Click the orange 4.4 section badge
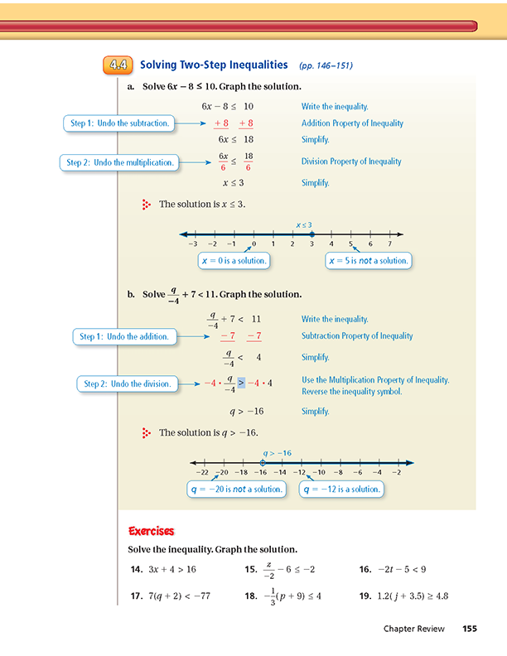[118, 65]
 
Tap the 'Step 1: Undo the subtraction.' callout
[119, 123]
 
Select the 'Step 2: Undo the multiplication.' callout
[119, 162]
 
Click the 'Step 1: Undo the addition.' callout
[124, 337]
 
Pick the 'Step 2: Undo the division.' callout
[128, 384]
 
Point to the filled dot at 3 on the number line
[311, 234]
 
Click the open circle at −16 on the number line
[263, 463]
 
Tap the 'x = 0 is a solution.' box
[234, 261]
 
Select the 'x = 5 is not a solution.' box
[369, 261]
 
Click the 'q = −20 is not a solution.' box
[237, 489]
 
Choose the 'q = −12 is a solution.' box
[341, 489]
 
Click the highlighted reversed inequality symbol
[241, 383]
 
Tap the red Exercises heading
[151, 531]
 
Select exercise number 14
[137, 569]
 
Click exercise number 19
[365, 596]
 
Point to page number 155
[470, 629]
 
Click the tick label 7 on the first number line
[389, 244]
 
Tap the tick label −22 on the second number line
[202, 472]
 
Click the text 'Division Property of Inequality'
[351, 162]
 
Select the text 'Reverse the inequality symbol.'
[352, 392]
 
